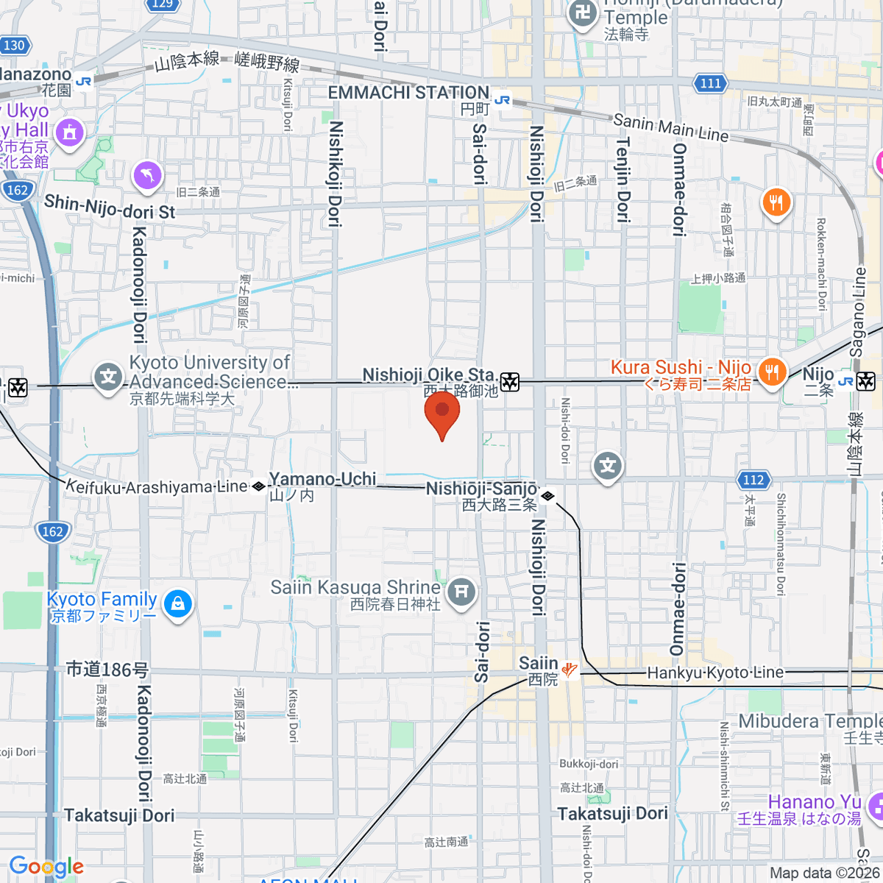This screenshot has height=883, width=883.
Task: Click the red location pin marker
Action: click(442, 413)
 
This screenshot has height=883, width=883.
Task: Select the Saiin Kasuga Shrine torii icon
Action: click(461, 591)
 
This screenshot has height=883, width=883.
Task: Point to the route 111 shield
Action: click(710, 83)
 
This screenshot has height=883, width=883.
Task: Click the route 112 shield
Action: click(753, 480)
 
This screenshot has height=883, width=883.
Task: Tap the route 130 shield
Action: click(13, 46)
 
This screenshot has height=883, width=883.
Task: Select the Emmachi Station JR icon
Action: click(503, 99)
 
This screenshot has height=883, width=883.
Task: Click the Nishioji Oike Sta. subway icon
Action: click(510, 382)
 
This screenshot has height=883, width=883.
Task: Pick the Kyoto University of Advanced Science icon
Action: click(108, 377)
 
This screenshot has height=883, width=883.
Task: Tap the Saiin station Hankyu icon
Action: click(569, 669)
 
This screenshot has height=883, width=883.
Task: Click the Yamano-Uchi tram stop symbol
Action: click(258, 486)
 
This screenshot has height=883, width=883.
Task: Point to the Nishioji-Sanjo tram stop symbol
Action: click(547, 497)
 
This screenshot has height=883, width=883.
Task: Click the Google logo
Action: click(46, 867)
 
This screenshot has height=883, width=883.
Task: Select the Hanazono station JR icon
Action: click(83, 82)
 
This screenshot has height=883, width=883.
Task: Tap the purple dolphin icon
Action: click(147, 175)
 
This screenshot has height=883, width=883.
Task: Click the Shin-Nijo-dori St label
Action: click(110, 207)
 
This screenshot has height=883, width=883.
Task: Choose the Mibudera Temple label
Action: click(810, 721)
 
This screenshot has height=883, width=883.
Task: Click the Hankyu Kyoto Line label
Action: click(715, 673)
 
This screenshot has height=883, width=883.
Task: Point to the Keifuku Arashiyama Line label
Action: click(157, 487)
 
